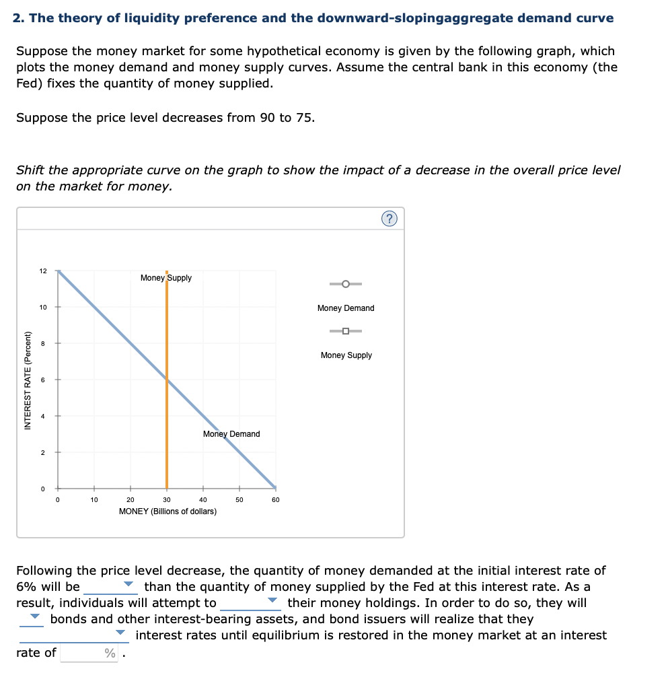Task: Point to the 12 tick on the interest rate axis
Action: coord(43,271)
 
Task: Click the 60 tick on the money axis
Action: coord(275,500)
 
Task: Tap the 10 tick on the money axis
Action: coord(94,500)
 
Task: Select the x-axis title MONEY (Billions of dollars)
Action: coord(168,511)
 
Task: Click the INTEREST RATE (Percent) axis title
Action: coord(28,380)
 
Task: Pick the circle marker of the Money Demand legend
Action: coord(346,284)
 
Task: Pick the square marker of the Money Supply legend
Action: coord(346,331)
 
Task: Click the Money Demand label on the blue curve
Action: coord(231,434)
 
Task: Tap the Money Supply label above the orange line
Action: coord(166,278)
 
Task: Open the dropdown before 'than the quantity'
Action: coord(111,587)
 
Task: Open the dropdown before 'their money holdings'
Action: coord(250,603)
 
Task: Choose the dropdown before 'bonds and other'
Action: coord(32,619)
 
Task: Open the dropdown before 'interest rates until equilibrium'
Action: coord(74,635)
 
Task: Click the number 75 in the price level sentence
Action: coord(304,118)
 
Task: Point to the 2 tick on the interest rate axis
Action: coord(43,452)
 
